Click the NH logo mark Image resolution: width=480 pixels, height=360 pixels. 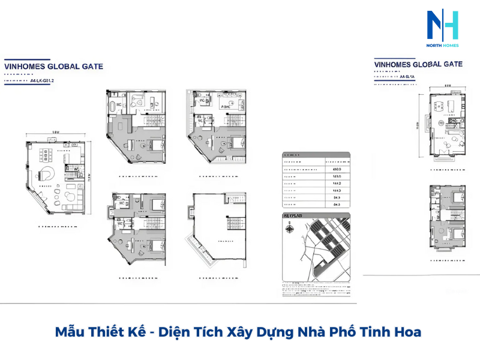443,26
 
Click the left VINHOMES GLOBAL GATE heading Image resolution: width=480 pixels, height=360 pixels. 53,67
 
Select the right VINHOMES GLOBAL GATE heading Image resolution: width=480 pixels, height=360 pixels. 418,64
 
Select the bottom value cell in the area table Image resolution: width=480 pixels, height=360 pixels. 336,205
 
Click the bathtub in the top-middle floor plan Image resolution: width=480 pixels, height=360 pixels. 114,109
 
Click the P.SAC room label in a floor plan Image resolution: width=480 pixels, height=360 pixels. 226,106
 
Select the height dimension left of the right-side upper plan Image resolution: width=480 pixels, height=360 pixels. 418,125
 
